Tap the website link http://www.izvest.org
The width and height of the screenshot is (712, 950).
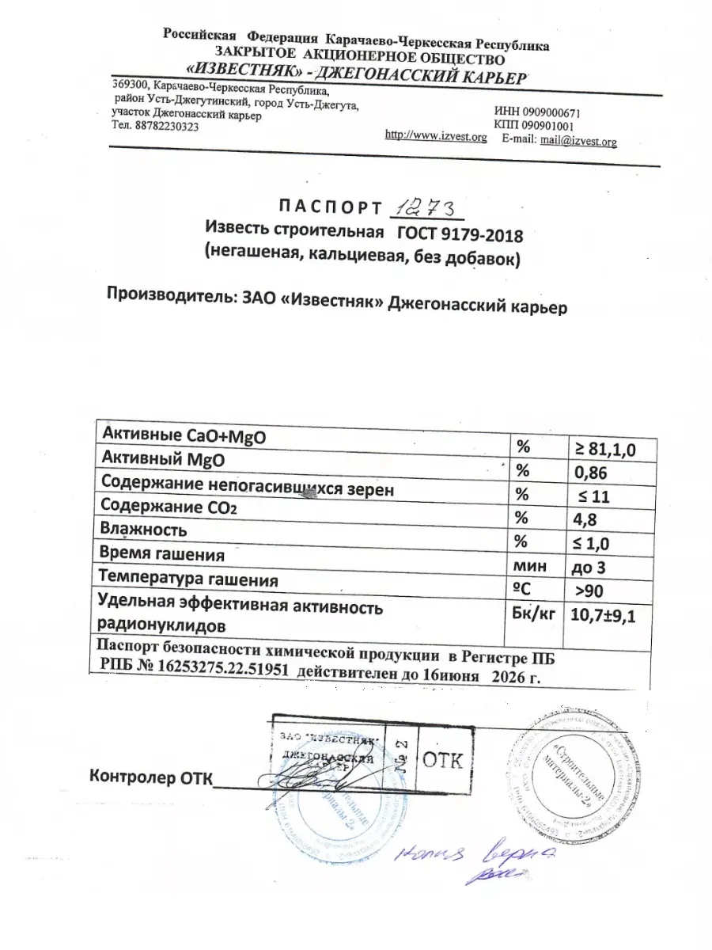435,135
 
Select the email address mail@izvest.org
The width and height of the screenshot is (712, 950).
578,141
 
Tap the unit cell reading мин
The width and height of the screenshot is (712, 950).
528,567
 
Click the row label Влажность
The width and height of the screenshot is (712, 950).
141,529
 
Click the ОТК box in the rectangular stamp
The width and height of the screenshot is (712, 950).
443,761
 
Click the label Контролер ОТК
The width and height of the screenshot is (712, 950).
152,777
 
